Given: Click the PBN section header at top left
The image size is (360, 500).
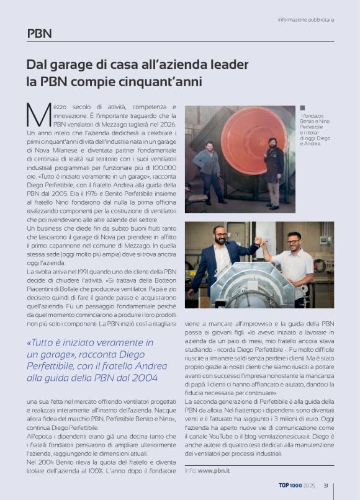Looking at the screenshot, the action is click(39, 33).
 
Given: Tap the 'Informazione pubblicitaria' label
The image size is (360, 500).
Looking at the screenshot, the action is click(305, 19).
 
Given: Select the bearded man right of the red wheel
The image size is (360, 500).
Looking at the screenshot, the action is click(273, 167).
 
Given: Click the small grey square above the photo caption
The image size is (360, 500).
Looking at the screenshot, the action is click(302, 108).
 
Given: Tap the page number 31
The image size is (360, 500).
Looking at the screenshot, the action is click(325, 486).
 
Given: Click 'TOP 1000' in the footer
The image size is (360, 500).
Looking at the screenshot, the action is click(290, 486).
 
